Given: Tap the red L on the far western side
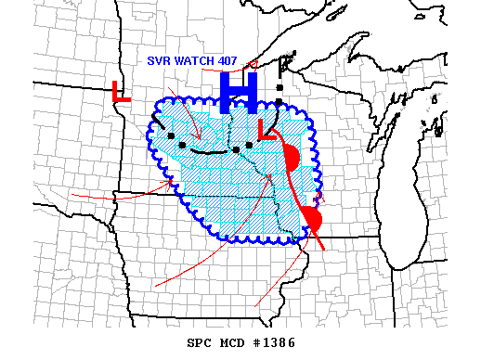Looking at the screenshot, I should click(120, 92).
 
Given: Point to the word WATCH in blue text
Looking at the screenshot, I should click(196, 61).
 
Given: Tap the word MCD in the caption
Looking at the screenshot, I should click(233, 342).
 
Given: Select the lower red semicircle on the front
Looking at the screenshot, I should click(311, 220).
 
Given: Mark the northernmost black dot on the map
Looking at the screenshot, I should click(279, 85).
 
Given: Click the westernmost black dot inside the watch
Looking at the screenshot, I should click(171, 136).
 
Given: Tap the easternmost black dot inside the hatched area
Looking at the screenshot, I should click(249, 145).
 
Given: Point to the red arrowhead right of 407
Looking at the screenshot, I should click(253, 64).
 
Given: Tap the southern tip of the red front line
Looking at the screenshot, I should click(323, 249).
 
